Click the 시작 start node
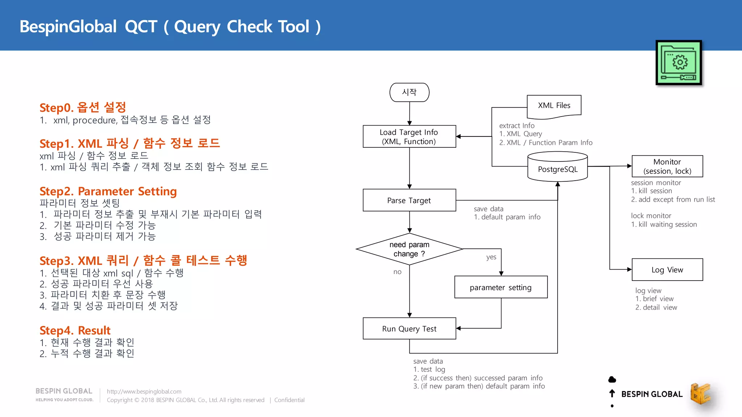[x=409, y=92]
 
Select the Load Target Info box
[x=409, y=136]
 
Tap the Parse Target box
[x=409, y=200]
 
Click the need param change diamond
[x=409, y=249]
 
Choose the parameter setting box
[x=501, y=287]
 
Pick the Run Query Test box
[x=409, y=329]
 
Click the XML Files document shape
[x=554, y=106]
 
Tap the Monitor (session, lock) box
[x=667, y=167]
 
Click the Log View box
[x=667, y=270]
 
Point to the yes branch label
[x=491, y=257]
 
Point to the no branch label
[x=397, y=272]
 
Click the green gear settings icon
[x=679, y=63]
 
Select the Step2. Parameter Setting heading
[x=108, y=191]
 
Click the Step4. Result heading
[x=75, y=330]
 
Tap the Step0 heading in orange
[x=83, y=108]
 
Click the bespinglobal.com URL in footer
[x=144, y=391]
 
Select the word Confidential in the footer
[x=289, y=400]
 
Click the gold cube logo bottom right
[x=700, y=393]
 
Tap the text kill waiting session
[x=667, y=224]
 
